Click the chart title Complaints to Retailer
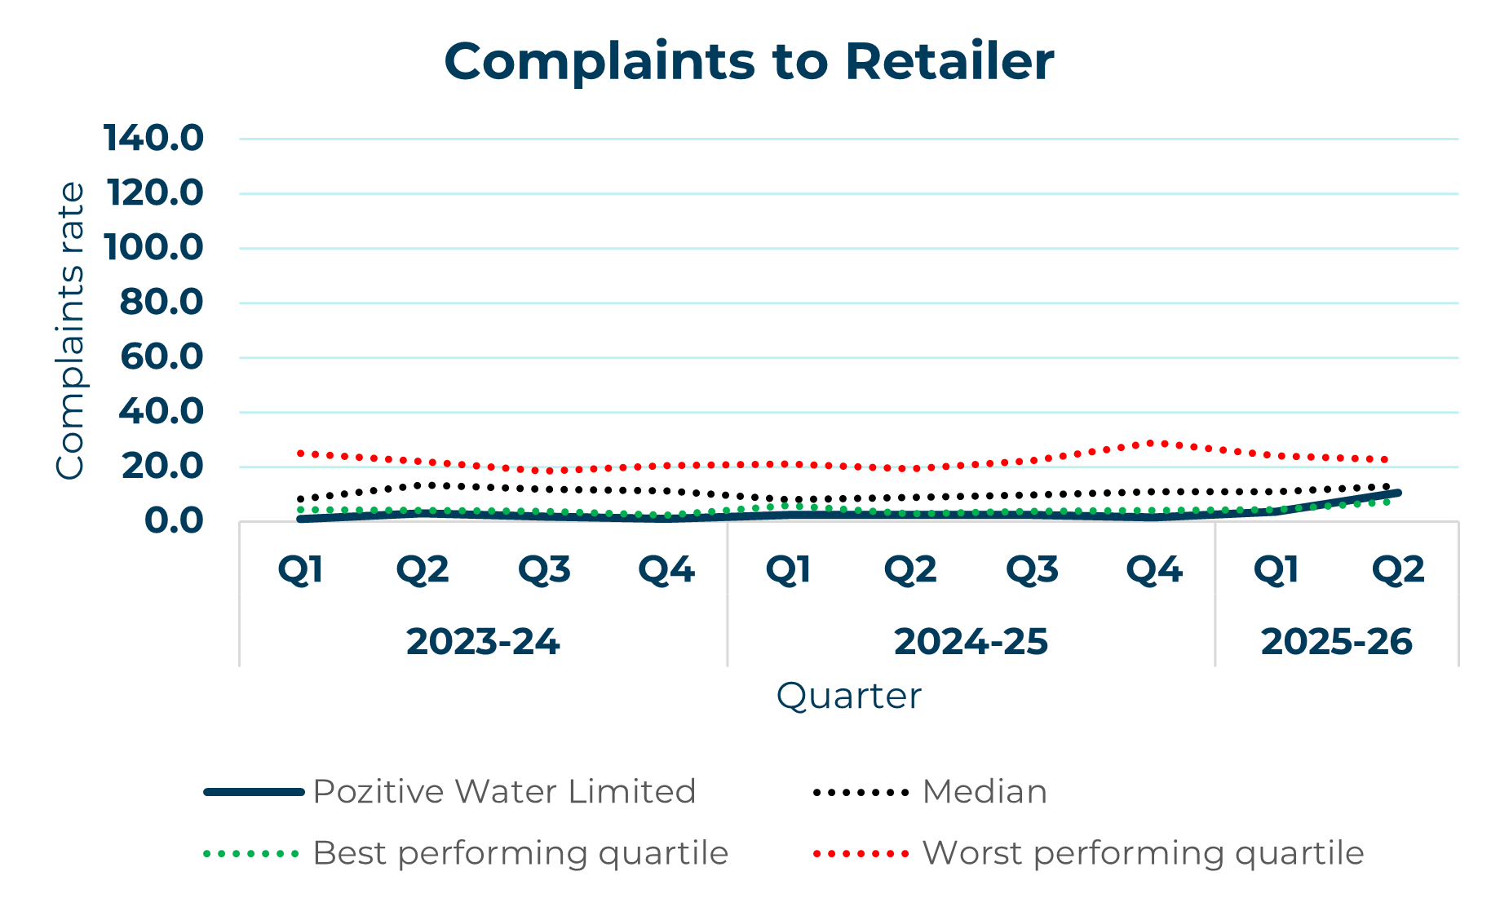(749, 62)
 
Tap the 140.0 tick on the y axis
(153, 138)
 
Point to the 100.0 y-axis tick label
(153, 247)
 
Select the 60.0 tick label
(161, 356)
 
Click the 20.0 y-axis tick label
(162, 466)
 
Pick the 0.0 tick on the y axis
(173, 520)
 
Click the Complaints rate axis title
(70, 330)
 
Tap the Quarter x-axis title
(848, 696)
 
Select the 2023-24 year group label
(483, 642)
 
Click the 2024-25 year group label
(971, 642)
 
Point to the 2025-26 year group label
(1336, 642)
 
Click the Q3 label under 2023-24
(544, 569)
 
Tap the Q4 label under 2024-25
(1153, 569)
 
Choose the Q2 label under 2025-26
(1397, 569)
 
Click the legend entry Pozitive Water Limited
(503, 791)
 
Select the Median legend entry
(984, 791)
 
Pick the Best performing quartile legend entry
(520, 853)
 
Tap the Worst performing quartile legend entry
(1142, 853)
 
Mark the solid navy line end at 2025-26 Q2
(1397, 493)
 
